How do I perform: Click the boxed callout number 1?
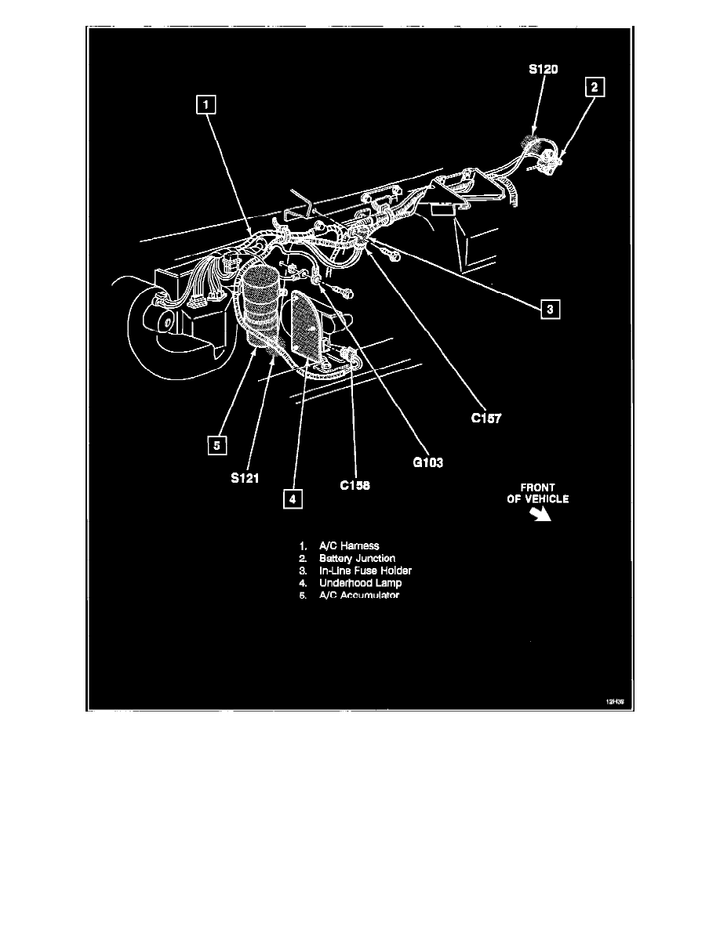205,104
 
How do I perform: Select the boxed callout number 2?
595,88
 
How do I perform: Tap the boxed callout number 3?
551,310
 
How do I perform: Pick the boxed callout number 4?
291,498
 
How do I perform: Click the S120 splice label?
544,70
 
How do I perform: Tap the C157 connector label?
486,419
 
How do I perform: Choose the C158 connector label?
355,485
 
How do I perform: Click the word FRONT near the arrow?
537,487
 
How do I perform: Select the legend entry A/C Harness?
349,545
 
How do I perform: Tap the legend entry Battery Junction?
357,558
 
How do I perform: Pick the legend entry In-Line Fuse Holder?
365,571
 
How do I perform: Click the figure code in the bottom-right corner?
614,702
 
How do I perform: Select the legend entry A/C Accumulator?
358,596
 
